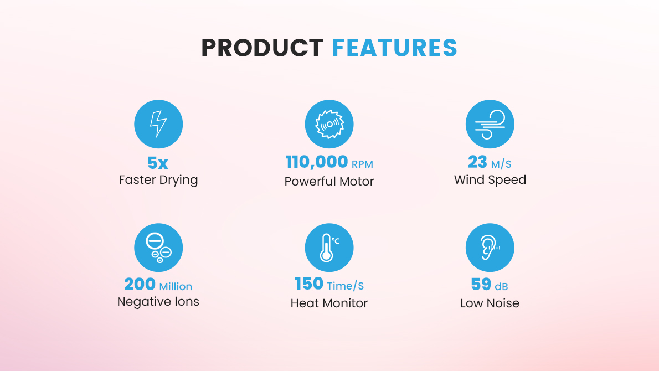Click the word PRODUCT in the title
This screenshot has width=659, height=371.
pos(262,48)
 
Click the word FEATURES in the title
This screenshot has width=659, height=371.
pos(394,48)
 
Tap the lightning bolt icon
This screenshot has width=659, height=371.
pos(158,124)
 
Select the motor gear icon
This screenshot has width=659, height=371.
pos(329,124)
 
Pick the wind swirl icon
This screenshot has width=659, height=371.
pos(490,124)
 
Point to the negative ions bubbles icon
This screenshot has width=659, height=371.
pos(158,248)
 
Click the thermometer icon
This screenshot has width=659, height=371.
pos(329,248)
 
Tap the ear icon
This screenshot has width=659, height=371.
pos(490,248)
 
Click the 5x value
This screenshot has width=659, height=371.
pos(158,163)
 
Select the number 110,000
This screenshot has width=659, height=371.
pos(317,162)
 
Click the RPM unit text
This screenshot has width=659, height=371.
pos(362,164)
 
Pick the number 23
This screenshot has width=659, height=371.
pos(477,162)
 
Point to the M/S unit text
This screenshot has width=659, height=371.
pos(501,163)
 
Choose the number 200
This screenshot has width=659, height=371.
pos(140,285)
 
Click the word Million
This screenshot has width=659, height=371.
pos(176,286)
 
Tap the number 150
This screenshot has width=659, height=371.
pos(309,284)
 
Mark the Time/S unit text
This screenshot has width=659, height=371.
pos(346,286)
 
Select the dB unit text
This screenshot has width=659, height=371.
pos(501,286)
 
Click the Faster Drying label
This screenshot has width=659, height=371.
pos(158,180)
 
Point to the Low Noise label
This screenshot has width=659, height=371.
pos(490,303)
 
